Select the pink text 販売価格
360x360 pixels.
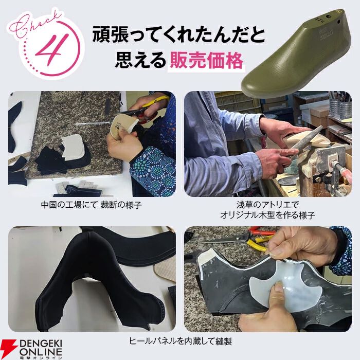[x=206, y=61]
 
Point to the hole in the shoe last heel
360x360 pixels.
[x=338, y=21]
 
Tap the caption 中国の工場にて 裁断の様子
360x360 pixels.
[x=91, y=205]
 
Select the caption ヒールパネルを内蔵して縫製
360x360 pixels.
[x=180, y=341]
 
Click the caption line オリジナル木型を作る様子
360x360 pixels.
[x=267, y=215]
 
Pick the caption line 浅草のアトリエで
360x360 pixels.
[x=267, y=205]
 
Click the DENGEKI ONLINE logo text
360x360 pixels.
[x=41, y=349]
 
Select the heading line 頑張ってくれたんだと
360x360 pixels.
[x=178, y=35]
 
